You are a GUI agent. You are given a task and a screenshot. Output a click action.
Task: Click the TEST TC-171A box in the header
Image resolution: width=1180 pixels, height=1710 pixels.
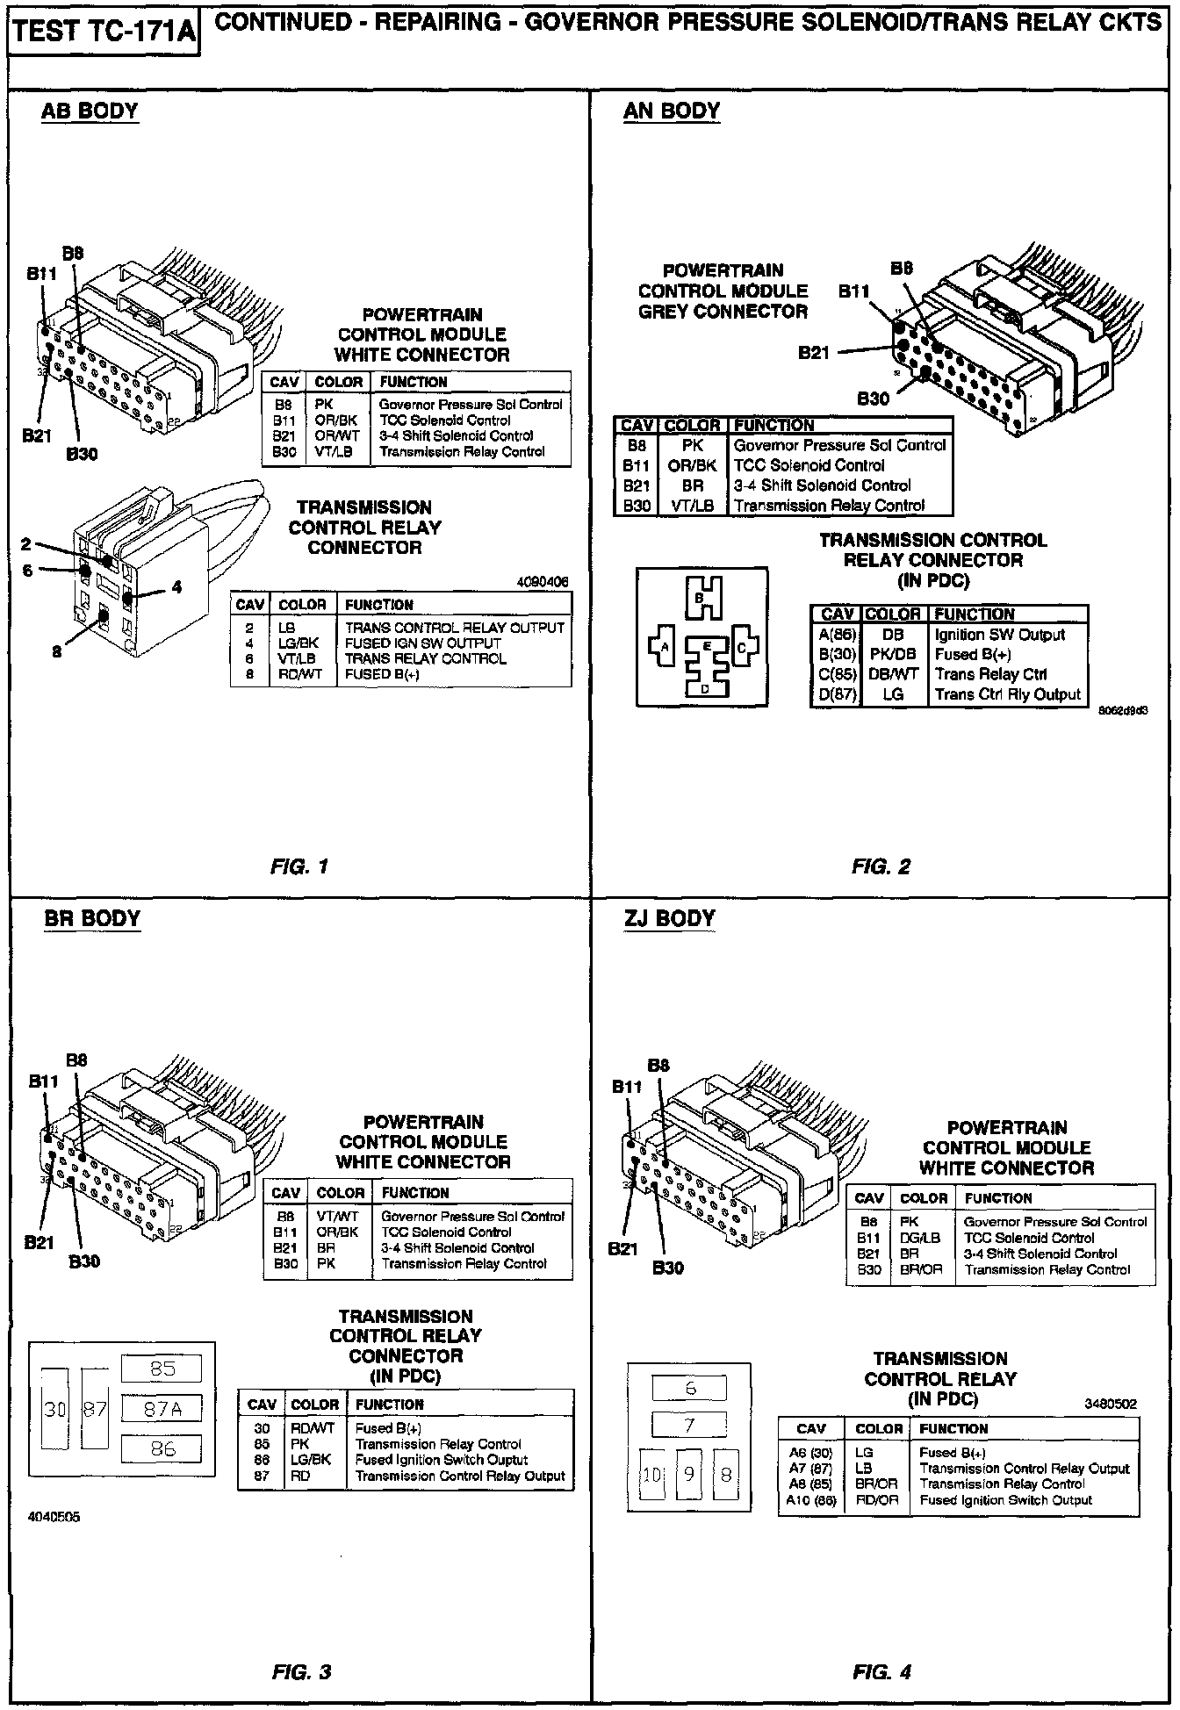104,33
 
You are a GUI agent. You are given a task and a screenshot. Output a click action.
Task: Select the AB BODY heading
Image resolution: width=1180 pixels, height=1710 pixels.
90,111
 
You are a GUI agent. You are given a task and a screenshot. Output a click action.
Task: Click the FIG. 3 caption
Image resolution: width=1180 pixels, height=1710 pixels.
301,1672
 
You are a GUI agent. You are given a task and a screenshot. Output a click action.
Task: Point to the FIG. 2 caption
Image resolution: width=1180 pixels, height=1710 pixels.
881,867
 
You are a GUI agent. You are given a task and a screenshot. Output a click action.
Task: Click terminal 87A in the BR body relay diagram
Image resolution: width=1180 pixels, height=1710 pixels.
162,1409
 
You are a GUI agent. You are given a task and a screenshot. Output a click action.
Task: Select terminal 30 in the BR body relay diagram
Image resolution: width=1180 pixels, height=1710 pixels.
55,1410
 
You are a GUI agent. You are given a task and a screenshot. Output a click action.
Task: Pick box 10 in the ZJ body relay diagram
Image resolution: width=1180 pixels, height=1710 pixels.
651,1475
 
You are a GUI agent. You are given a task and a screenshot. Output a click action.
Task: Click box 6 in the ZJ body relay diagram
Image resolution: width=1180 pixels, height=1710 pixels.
690,1389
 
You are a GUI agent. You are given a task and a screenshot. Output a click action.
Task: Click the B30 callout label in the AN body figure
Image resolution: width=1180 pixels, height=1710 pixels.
873,399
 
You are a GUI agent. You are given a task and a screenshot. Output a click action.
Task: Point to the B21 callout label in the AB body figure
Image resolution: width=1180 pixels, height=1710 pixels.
38,436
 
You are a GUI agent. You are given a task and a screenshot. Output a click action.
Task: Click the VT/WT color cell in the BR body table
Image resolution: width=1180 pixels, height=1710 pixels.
339,1217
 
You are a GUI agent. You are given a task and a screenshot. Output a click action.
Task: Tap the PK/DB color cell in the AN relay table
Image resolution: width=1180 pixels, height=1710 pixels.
893,655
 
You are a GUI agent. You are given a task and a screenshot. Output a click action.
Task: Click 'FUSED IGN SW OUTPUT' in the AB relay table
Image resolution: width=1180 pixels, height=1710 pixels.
423,643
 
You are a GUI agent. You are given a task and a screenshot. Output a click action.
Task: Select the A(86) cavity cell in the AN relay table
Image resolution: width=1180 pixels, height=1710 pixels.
836,635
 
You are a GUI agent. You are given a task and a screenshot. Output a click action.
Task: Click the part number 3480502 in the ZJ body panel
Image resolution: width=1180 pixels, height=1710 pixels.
1110,1404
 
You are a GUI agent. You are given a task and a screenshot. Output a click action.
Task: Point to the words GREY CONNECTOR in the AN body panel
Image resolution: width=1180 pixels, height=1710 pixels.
723,312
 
